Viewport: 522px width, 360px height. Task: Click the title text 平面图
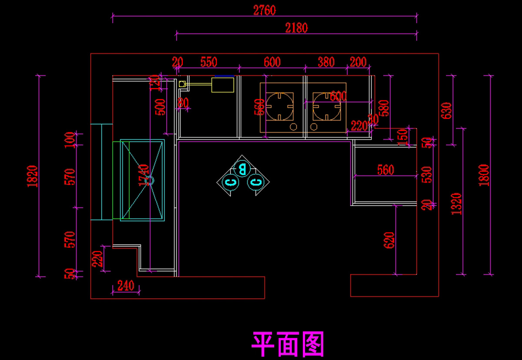pyautogui.click(x=288, y=344)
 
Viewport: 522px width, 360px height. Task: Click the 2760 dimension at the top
pyautogui.click(x=264, y=10)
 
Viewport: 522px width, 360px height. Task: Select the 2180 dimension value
pyautogui.click(x=296, y=28)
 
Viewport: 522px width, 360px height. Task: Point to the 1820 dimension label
pyautogui.click(x=33, y=176)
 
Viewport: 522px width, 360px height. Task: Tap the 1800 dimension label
pyautogui.click(x=484, y=175)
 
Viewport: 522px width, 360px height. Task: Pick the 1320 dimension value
pyautogui.click(x=456, y=204)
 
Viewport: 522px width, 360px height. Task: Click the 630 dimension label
pyautogui.click(x=447, y=111)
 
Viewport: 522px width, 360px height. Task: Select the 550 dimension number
pyautogui.click(x=209, y=62)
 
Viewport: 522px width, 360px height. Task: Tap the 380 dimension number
pyautogui.click(x=326, y=62)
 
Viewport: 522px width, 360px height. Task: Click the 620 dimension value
pyautogui.click(x=389, y=240)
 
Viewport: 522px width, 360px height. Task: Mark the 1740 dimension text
pyautogui.click(x=143, y=175)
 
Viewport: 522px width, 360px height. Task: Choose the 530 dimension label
pyautogui.click(x=428, y=175)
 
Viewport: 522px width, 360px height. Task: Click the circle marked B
pyautogui.click(x=242, y=167)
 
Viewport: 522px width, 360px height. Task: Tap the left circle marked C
pyautogui.click(x=230, y=182)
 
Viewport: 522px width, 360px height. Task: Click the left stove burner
pyautogui.click(x=280, y=106)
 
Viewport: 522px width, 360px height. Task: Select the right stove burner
pyautogui.click(x=326, y=106)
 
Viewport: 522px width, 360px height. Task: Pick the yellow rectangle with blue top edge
pyautogui.click(x=223, y=83)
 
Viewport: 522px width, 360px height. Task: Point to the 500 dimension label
pyautogui.click(x=160, y=107)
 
